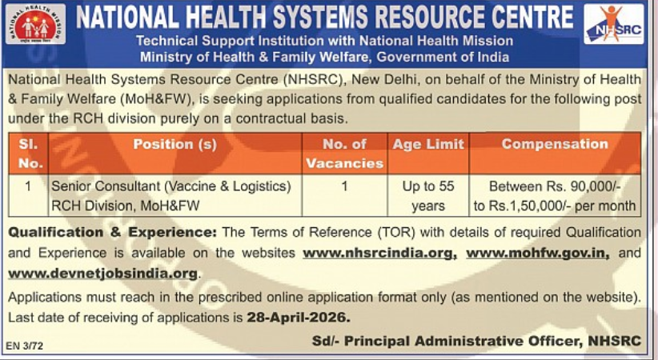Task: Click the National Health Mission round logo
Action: (35, 23)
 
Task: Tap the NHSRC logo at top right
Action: (613, 24)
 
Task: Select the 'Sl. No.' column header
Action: (29, 154)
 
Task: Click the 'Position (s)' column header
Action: (175, 144)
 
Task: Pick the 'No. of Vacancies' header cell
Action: (344, 154)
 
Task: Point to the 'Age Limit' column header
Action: (428, 144)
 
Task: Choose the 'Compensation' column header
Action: (555, 144)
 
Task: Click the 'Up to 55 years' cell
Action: (428, 196)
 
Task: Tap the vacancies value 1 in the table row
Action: (344, 186)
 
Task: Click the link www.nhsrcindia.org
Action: (379, 253)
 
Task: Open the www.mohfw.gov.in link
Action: (538, 253)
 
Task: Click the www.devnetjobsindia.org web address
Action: (102, 274)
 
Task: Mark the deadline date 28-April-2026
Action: (299, 318)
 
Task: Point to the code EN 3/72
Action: (24, 346)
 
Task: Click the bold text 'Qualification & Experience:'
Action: (112, 233)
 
